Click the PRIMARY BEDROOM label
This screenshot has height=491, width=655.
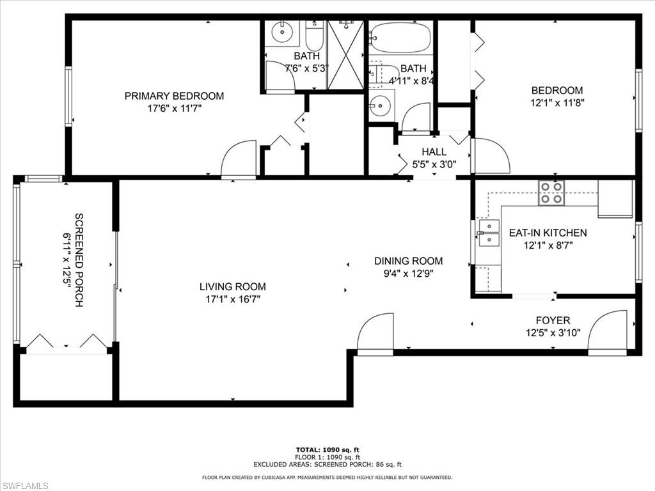pyautogui.click(x=174, y=96)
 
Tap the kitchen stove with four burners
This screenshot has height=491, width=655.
pyautogui.click(x=551, y=192)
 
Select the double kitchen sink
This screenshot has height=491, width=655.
pyautogui.click(x=489, y=233)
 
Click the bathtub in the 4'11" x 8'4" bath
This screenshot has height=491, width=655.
pyautogui.click(x=401, y=38)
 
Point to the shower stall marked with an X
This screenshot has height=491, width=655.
pyautogui.click(x=345, y=54)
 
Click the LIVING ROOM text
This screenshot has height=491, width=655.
pyautogui.click(x=232, y=286)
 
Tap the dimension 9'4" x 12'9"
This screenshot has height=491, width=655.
pyautogui.click(x=408, y=273)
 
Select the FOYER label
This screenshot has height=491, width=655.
pyautogui.click(x=553, y=320)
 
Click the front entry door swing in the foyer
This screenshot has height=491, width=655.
pyautogui.click(x=608, y=332)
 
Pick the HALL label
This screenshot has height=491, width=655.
pyautogui.click(x=434, y=152)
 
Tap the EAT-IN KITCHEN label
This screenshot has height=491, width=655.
pyautogui.click(x=548, y=233)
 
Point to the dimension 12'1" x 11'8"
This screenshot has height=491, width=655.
pyautogui.click(x=557, y=102)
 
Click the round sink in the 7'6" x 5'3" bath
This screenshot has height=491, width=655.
pyautogui.click(x=281, y=31)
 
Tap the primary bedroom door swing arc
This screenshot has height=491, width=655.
pyautogui.click(x=239, y=160)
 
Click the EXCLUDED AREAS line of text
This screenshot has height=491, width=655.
pyautogui.click(x=327, y=464)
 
